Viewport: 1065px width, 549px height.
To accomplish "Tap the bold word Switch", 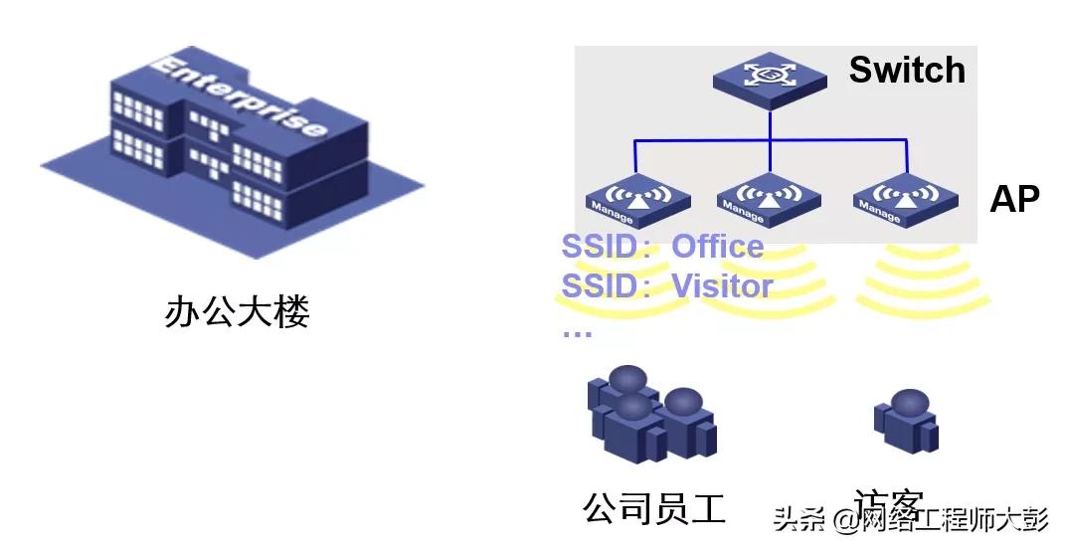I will coord(906,71).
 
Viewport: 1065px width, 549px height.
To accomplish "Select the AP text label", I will coord(1013,200).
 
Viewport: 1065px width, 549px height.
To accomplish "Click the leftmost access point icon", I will coord(637,196).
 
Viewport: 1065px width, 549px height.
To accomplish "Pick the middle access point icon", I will coord(768,196).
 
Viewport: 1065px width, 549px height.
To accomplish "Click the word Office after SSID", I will coord(717,247).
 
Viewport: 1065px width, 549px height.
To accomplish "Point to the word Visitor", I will coord(722,286).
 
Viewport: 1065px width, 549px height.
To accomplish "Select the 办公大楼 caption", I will coord(237,311).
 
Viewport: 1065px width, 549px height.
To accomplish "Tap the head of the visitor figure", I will coord(909,403).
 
